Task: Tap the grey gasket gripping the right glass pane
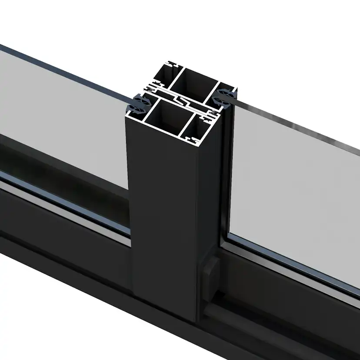[226, 94]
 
